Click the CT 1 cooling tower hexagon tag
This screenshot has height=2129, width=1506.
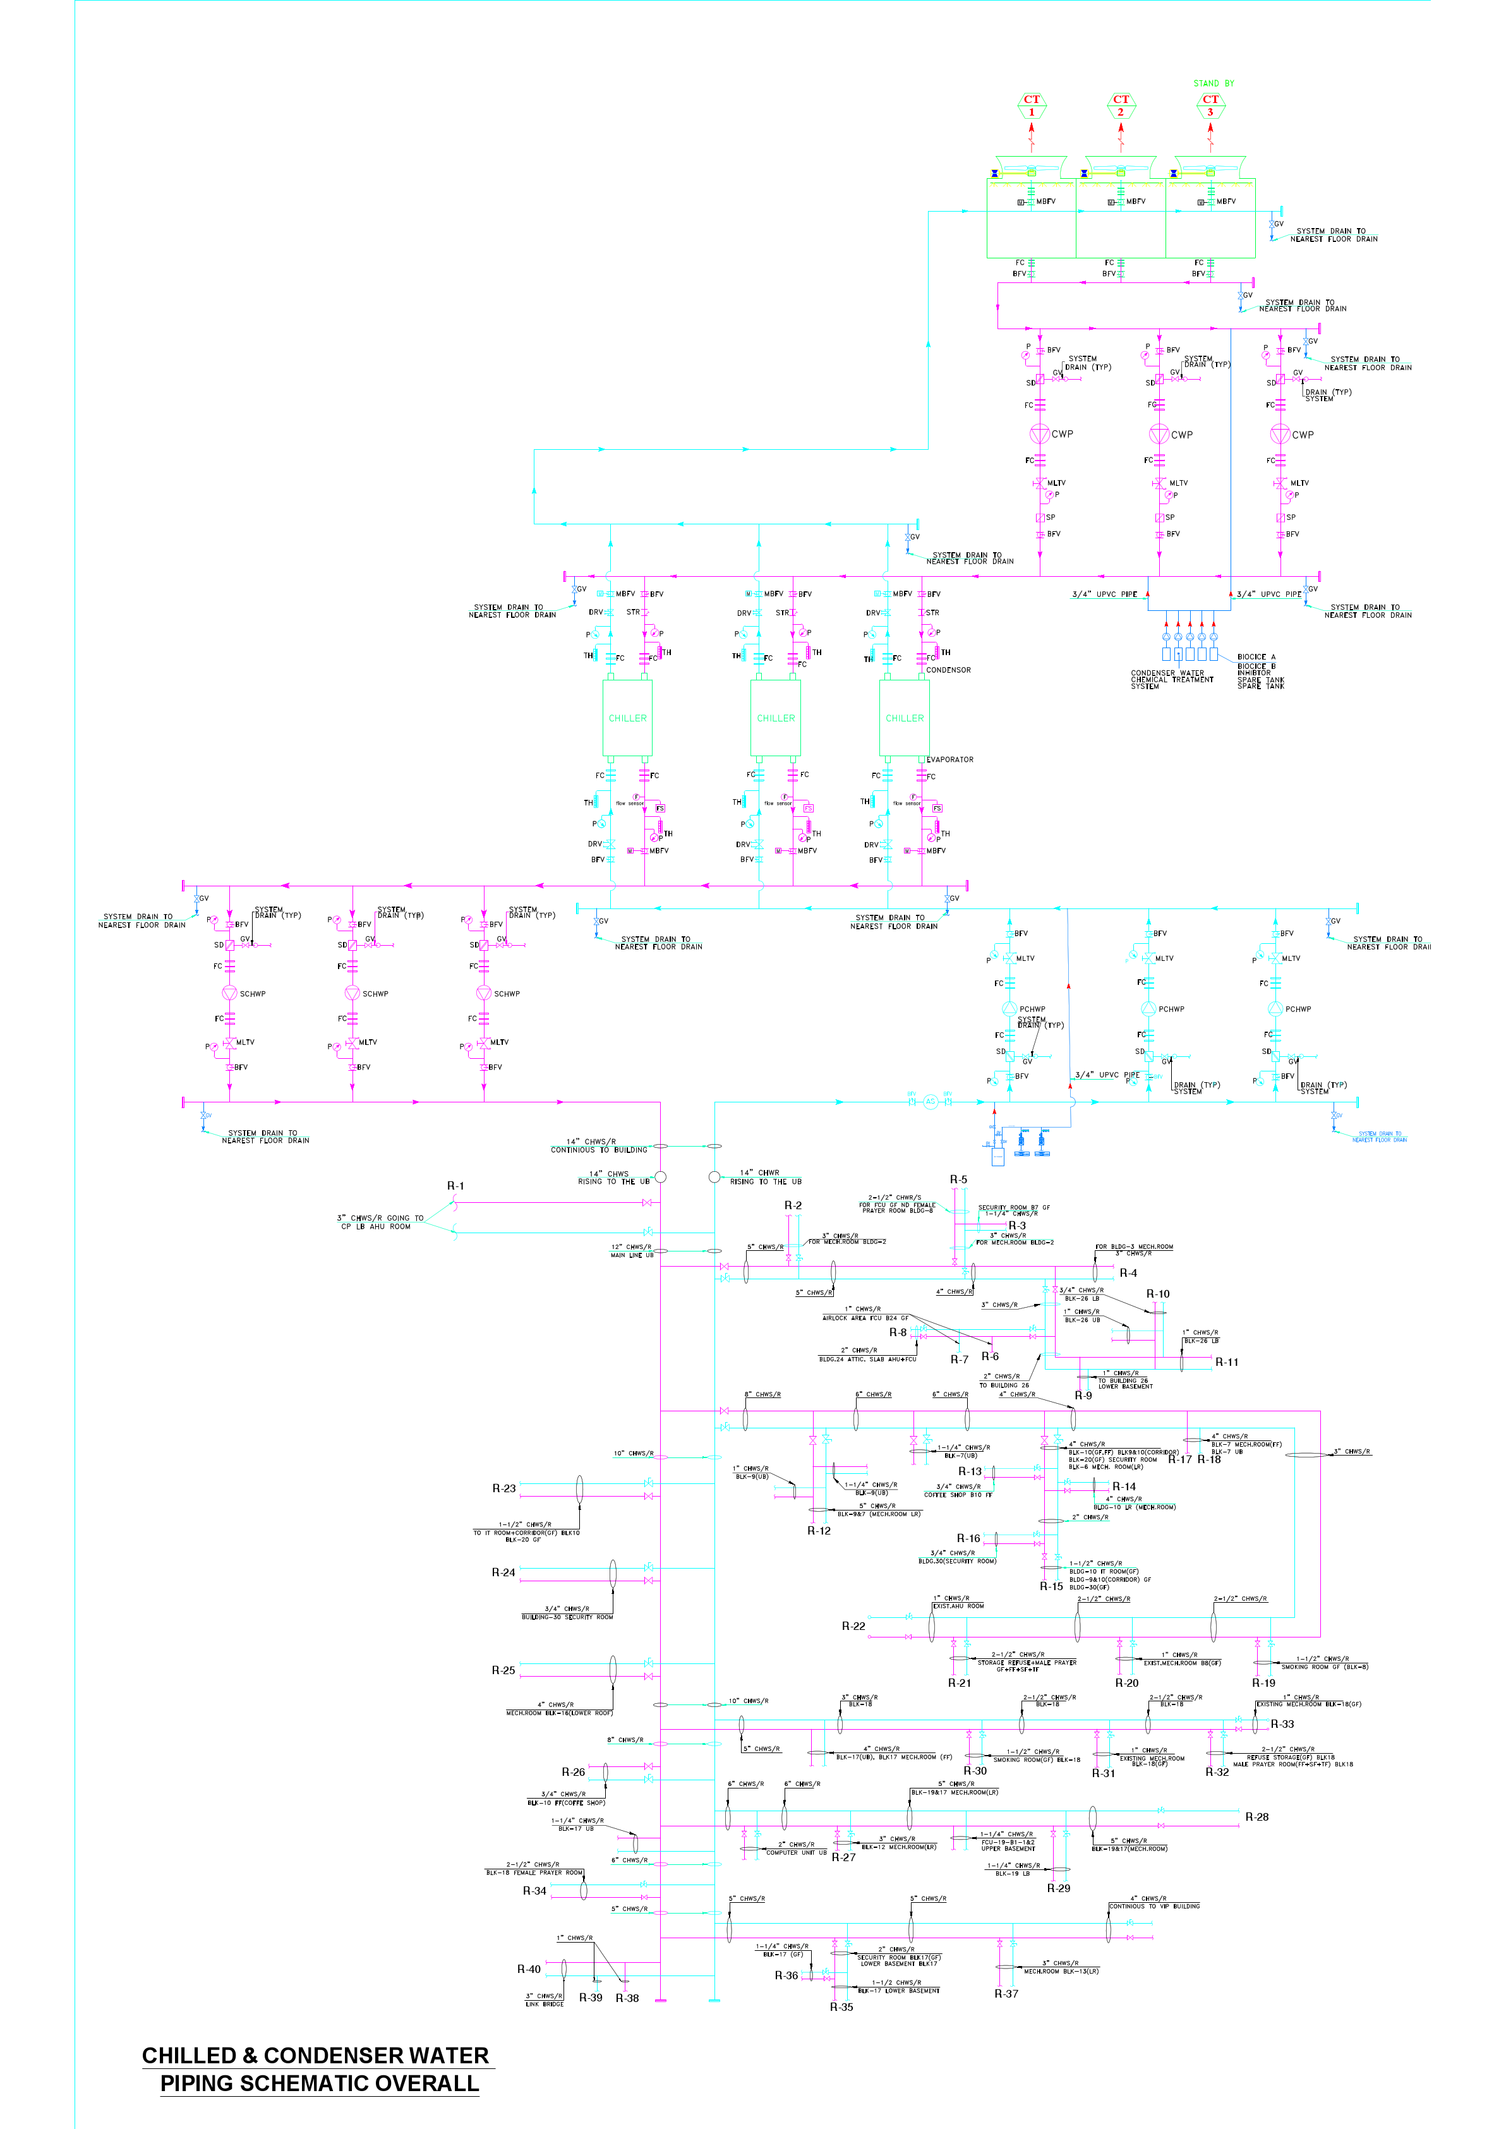[x=1031, y=106]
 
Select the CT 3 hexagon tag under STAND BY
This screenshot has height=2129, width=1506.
[x=1210, y=106]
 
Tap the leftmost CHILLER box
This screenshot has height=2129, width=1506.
[x=628, y=718]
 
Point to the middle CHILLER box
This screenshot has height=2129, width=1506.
[x=775, y=718]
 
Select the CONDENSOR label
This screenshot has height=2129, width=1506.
[x=948, y=670]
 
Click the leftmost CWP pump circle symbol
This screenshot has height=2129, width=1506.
[x=1040, y=433]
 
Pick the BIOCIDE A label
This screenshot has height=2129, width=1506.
[x=1256, y=656]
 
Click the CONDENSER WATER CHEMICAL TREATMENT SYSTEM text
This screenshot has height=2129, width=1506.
[x=1171, y=680]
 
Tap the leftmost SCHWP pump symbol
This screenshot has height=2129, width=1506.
[x=230, y=992]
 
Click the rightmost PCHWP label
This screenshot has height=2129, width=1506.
[x=1298, y=1009]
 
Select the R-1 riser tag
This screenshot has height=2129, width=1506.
[x=455, y=1186]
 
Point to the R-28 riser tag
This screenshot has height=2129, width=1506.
[x=1256, y=1816]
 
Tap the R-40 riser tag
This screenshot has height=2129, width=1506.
[x=529, y=1969]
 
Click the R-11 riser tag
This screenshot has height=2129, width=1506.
[x=1226, y=1362]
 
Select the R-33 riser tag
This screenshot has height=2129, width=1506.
[x=1282, y=1724]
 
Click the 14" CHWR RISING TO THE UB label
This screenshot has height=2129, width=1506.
[x=765, y=1177]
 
